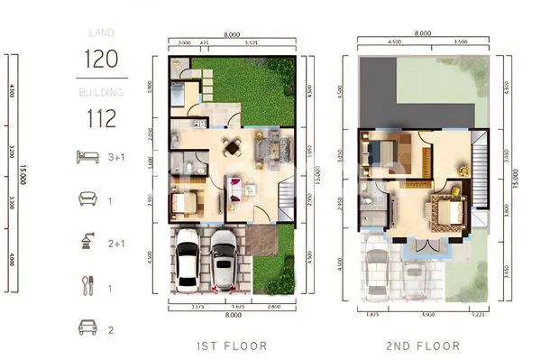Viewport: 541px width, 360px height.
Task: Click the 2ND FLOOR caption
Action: click(424, 346)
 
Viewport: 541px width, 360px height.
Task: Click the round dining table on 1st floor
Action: click(233, 149)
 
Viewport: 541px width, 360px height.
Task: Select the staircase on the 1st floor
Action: click(285, 194)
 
